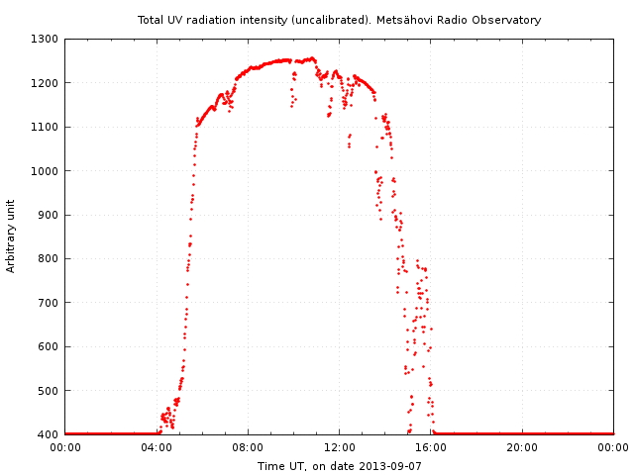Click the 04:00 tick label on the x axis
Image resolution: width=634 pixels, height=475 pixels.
[x=157, y=446]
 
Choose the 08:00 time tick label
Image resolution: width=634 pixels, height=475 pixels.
[x=248, y=446]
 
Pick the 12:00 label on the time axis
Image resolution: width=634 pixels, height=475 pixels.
[x=339, y=446]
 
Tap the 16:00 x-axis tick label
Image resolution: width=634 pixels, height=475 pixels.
[x=431, y=446]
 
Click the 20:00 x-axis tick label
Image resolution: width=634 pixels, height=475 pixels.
[x=522, y=446]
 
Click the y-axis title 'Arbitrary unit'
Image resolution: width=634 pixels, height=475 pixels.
[x=11, y=237]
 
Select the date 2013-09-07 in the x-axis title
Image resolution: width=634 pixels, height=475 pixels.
[x=391, y=466]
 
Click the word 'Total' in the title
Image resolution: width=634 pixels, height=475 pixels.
[x=151, y=20]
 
